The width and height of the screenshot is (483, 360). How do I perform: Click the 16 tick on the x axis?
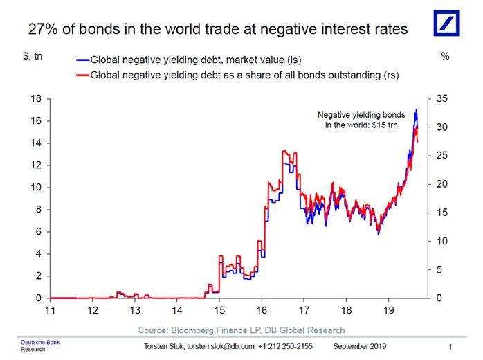click(x=262, y=311)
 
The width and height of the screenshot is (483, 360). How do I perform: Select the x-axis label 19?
click(x=389, y=311)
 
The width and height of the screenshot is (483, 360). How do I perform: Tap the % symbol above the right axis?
click(x=444, y=55)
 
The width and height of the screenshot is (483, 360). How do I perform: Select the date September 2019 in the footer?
click(x=360, y=346)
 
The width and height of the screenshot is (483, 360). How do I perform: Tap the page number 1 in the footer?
click(x=450, y=346)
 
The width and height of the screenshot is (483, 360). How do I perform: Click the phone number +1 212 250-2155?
click(x=286, y=346)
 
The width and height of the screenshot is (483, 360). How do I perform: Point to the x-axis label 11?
click(x=50, y=311)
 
